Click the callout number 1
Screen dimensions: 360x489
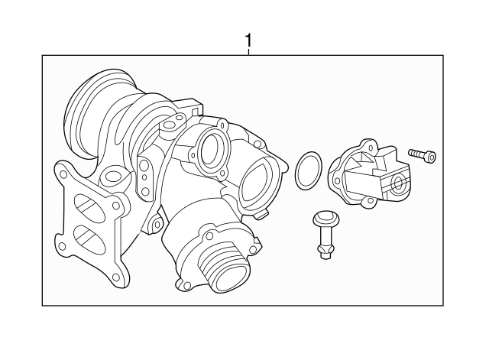point(247,38)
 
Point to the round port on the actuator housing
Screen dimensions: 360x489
point(397,182)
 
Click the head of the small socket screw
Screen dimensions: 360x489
point(433,158)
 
